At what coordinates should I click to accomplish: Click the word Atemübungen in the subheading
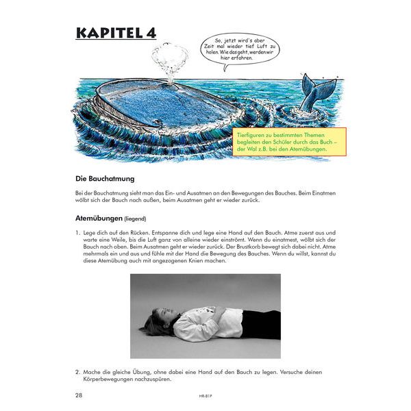[x=99, y=219]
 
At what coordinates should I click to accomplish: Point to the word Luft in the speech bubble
[x=238, y=50]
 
